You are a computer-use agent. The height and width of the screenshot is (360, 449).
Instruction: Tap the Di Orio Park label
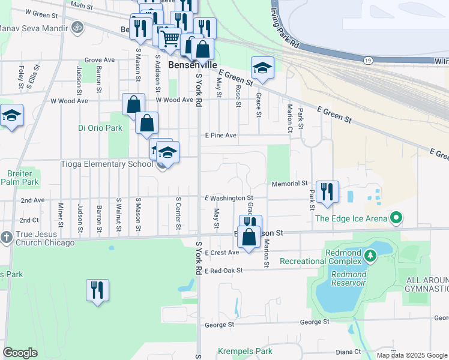point(100,128)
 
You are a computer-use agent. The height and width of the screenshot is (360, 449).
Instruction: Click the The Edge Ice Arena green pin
point(396,218)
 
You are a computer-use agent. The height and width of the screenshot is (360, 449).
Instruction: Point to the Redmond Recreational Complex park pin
point(371,257)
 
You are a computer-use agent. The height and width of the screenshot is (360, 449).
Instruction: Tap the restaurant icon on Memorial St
point(327,191)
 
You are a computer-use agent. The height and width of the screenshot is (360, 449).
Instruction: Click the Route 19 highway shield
point(366,60)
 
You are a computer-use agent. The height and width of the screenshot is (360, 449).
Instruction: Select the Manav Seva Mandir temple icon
point(76,27)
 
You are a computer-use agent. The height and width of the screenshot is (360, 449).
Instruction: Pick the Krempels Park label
point(246,352)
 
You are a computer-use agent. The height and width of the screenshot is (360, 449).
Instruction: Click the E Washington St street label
point(229,197)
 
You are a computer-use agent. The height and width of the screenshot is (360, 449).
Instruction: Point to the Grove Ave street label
point(99,60)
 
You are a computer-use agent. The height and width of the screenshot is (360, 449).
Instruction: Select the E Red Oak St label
point(223,271)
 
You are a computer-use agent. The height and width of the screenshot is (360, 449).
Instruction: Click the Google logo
point(20,353)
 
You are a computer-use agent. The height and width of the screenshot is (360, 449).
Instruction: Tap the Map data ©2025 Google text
point(412,355)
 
